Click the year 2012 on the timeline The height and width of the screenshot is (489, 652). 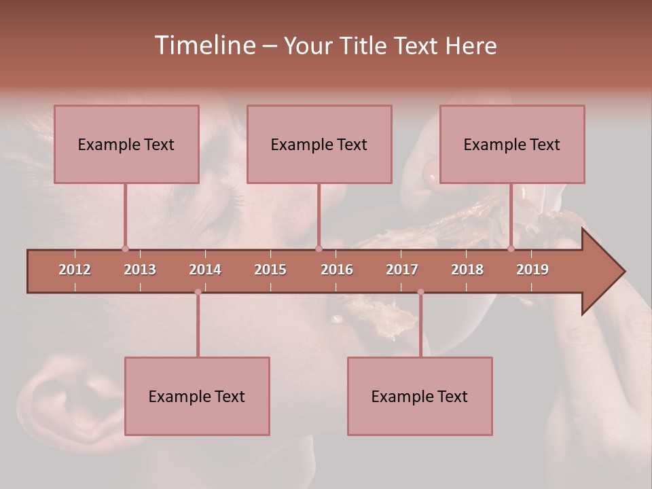click(75, 270)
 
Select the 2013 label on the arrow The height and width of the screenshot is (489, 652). click(140, 270)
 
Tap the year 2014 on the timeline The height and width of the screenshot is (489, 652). click(205, 270)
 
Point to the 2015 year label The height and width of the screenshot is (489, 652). click(270, 270)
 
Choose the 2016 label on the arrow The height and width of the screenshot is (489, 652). click(337, 270)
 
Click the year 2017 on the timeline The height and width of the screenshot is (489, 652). click(402, 270)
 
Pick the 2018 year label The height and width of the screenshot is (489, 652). click(467, 270)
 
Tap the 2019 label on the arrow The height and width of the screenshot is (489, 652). click(532, 270)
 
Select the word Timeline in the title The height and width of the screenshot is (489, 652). click(204, 46)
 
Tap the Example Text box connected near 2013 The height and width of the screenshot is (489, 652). click(126, 144)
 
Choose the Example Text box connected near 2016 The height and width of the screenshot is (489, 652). click(319, 144)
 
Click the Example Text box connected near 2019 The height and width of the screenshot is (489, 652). click(512, 144)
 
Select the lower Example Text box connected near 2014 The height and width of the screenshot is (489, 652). click(197, 396)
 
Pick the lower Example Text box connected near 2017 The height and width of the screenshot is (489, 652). click(420, 396)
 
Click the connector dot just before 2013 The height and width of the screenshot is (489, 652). click(125, 249)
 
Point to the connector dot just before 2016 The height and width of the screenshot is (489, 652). click(319, 249)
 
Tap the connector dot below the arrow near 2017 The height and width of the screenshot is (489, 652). click(420, 292)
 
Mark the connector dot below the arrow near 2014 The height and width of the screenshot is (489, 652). click(198, 292)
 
